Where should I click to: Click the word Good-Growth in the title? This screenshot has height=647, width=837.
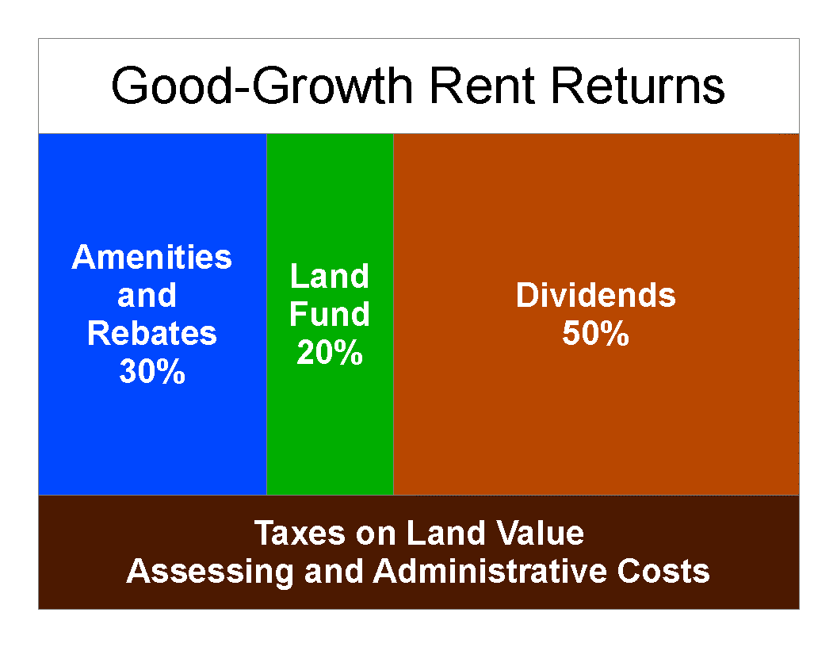[262, 86]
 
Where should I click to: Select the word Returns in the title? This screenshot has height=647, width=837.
[637, 86]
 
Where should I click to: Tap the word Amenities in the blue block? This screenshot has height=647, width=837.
[151, 258]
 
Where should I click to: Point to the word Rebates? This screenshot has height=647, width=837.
[151, 334]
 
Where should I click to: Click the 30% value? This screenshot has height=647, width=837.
[152, 371]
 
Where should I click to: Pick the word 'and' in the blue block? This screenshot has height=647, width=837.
[147, 296]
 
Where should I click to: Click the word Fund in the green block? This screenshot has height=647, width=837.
[330, 314]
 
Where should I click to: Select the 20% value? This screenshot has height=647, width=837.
[330, 352]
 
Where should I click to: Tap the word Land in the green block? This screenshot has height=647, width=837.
[330, 276]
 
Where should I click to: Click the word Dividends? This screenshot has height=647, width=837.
[596, 295]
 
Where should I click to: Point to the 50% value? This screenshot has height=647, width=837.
[596, 333]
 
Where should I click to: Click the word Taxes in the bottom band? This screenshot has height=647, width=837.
[300, 533]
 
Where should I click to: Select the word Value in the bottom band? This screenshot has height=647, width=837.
[540, 533]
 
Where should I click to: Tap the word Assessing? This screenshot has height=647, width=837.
[210, 571]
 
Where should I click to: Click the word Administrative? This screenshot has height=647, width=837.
[490, 571]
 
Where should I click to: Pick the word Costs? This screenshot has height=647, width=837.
[663, 571]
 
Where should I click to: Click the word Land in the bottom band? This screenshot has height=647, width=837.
[445, 533]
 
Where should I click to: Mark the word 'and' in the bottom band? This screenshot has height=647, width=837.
[334, 571]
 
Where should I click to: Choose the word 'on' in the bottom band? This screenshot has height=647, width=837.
[375, 534]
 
